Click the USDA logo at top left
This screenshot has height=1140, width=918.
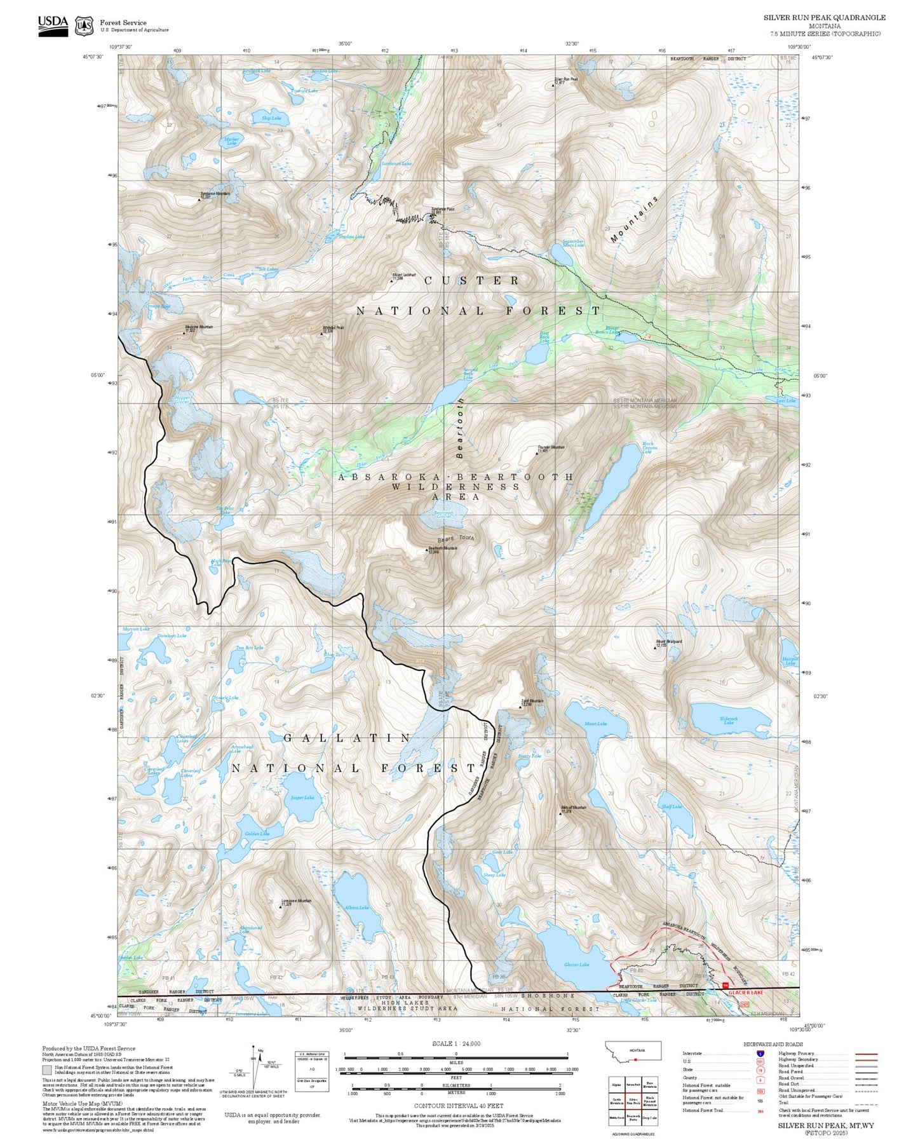pos(53,25)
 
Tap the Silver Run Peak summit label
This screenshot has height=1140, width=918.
pos(566,80)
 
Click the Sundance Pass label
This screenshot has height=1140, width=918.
pos(443,210)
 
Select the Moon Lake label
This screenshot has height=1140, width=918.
pos(595,723)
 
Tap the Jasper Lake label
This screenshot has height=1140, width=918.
pos(302,797)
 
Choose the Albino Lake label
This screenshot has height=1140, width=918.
pos(356,907)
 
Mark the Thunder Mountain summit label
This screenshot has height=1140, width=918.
pos(550,448)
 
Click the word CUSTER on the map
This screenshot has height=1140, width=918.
pos(471,280)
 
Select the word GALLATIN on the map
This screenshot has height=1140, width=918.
pos(348,738)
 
